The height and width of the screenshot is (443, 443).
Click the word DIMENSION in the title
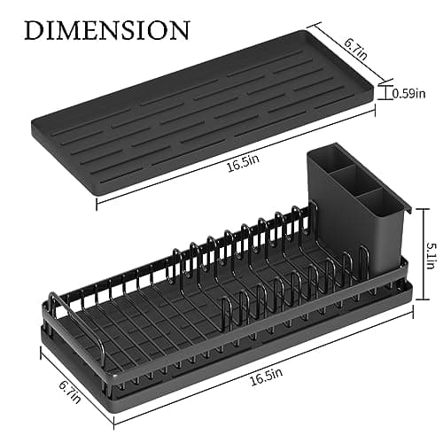click(105, 29)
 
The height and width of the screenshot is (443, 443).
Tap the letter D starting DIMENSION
click(34, 29)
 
